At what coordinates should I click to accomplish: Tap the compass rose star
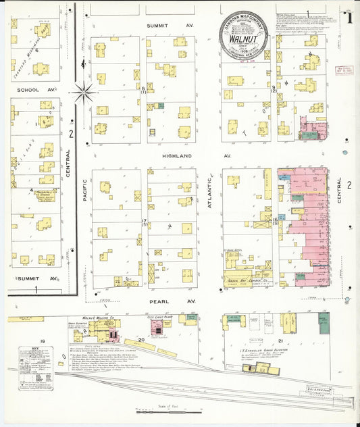(x=83, y=91)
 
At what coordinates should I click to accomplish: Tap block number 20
(x=141, y=341)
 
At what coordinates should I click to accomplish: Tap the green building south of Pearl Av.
(x=324, y=324)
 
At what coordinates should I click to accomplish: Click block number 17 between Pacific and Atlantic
(x=143, y=222)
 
